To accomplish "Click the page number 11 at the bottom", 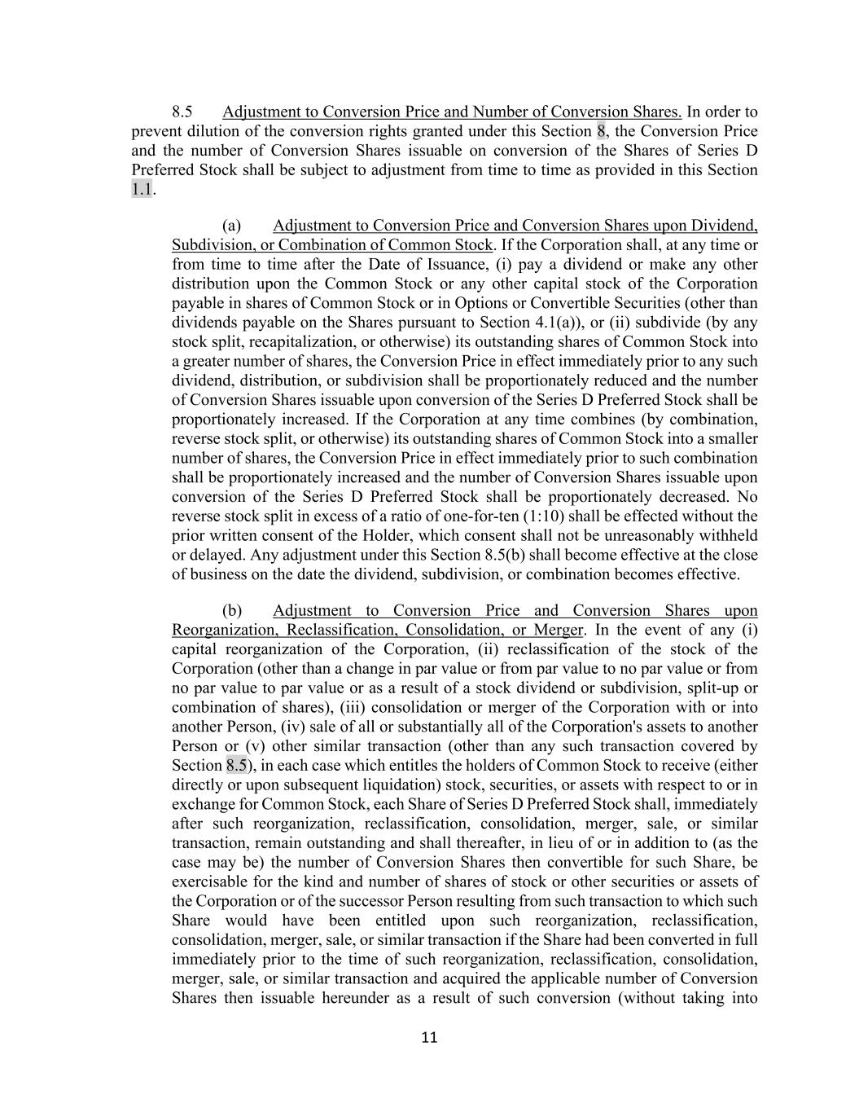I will [430, 1037].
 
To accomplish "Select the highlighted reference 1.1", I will [142, 190].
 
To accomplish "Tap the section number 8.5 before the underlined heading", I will [182, 112].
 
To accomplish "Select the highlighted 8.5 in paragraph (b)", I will [236, 766].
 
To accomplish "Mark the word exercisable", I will [209, 882].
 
